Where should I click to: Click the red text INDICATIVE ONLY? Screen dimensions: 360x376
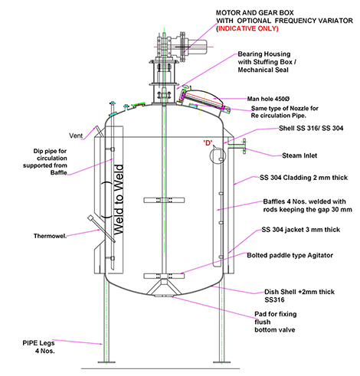point(248,28)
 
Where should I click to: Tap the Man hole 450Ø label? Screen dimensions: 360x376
point(268,99)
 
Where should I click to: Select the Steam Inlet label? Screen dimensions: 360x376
point(299,155)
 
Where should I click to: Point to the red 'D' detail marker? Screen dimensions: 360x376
point(208,142)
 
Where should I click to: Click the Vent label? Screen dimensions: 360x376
point(76,136)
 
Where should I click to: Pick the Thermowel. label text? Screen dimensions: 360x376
point(50,236)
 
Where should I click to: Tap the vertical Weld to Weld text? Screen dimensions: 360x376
point(119,200)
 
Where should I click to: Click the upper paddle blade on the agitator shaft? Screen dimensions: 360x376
point(164,200)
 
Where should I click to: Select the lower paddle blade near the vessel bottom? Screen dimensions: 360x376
point(164,276)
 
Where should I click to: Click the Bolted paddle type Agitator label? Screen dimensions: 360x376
point(290,255)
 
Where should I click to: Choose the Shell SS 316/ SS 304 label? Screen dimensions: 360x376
point(311,128)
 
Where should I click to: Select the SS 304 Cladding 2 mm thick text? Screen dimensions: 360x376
point(303,178)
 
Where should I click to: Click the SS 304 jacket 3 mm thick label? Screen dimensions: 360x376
point(301,230)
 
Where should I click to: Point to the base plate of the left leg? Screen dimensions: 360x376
point(106,362)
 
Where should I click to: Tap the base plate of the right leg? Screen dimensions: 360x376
point(221,362)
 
